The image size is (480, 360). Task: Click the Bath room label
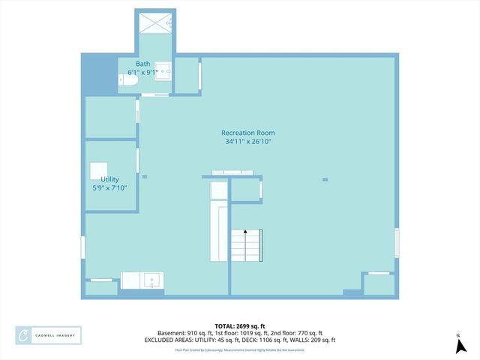click(142, 64)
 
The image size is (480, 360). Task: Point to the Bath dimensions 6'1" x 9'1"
click(142, 72)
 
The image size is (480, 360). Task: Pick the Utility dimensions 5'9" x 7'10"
click(109, 187)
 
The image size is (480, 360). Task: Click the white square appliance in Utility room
click(99, 169)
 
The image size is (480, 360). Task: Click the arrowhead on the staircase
click(244, 232)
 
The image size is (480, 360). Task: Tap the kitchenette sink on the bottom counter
click(152, 281)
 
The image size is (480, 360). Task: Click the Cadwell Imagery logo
click(49, 334)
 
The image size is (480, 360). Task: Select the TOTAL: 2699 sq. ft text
click(239, 325)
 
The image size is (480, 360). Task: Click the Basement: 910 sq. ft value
click(183, 333)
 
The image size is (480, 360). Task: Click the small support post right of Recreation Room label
click(325, 179)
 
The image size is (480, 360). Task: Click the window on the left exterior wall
click(83, 247)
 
